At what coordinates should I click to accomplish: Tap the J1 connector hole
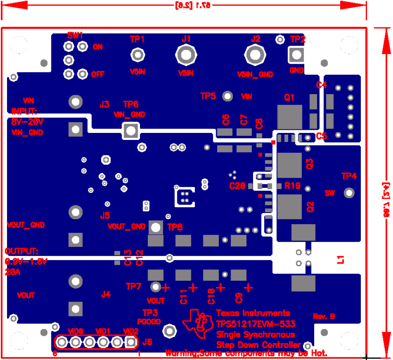[186, 55]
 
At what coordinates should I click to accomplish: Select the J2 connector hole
[255, 55]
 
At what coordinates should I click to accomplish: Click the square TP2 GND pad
[297, 55]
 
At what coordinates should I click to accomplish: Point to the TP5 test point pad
[228, 96]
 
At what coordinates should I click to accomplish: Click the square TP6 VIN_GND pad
[130, 130]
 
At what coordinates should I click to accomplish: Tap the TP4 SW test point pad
[349, 193]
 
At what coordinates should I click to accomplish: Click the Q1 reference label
[290, 98]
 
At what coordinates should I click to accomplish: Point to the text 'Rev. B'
[324, 316]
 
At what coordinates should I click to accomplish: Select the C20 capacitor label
[237, 186]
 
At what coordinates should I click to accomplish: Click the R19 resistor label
[292, 186]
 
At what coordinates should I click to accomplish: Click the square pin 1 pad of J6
[131, 342]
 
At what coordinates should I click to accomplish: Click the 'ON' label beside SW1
[98, 47]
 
